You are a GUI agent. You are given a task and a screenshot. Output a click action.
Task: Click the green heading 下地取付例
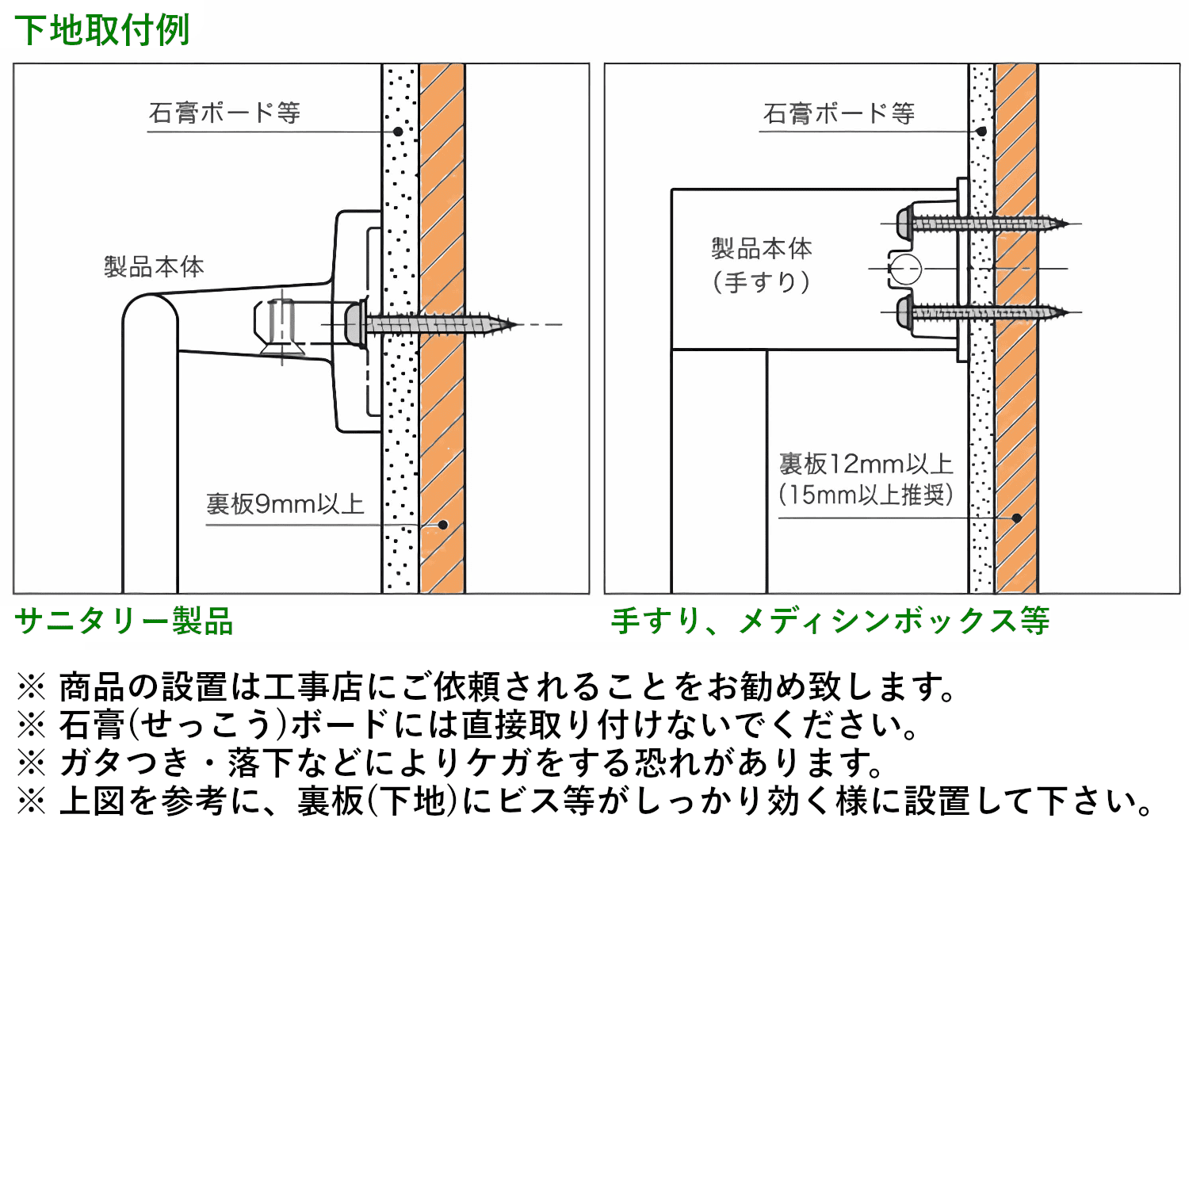[102, 30]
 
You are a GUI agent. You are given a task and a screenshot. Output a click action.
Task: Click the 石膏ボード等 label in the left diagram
[224, 113]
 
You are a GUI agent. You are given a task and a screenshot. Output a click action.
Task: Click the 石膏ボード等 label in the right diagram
[839, 113]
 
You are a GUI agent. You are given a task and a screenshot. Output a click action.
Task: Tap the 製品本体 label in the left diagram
[154, 266]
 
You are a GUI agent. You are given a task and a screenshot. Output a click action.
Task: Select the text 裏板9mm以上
[285, 504]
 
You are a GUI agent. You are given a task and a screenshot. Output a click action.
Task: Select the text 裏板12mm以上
[866, 464]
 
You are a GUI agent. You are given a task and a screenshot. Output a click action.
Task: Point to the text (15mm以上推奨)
[866, 495]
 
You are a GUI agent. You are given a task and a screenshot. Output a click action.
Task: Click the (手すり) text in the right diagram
[761, 282]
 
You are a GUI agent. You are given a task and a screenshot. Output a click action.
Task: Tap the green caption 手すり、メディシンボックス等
[830, 621]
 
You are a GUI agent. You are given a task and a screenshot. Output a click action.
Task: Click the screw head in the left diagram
[355, 323]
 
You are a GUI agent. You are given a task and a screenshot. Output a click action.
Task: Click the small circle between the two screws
[904, 269]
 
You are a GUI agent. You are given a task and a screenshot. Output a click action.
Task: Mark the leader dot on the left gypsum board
[398, 132]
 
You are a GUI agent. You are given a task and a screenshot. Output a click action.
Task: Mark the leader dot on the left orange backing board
[443, 525]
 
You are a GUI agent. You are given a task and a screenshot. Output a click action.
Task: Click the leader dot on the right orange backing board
[1017, 518]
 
